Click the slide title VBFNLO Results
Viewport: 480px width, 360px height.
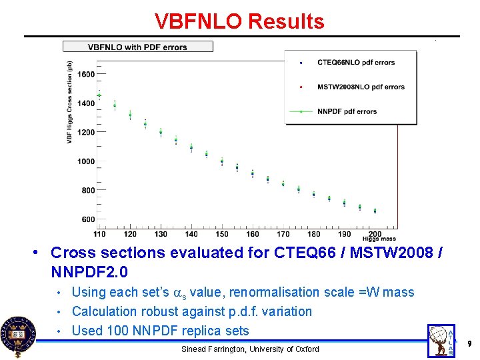tap(239, 21)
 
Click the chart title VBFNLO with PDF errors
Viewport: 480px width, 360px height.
tap(138, 47)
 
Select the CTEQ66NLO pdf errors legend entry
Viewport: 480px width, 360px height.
tap(356, 63)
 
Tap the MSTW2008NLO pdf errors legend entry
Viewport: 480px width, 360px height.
tap(361, 87)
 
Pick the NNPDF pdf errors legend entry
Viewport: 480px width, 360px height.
tap(347, 111)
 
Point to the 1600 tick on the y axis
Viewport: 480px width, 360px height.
tap(86, 74)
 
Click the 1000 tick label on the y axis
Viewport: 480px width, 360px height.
tap(86, 161)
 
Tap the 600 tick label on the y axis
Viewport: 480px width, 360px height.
tap(88, 219)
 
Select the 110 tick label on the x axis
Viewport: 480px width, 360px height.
tap(99, 234)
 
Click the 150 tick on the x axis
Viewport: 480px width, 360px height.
tap(222, 234)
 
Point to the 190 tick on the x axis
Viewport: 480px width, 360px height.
tap(345, 234)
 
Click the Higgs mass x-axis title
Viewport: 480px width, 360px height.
tap(379, 239)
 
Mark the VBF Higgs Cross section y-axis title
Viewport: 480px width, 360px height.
tap(69, 102)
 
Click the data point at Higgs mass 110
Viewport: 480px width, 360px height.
tap(99, 95)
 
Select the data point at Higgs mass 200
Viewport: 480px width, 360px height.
tap(375, 211)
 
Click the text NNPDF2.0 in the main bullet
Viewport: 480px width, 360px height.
tap(89, 272)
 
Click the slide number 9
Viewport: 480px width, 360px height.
tap(469, 343)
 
